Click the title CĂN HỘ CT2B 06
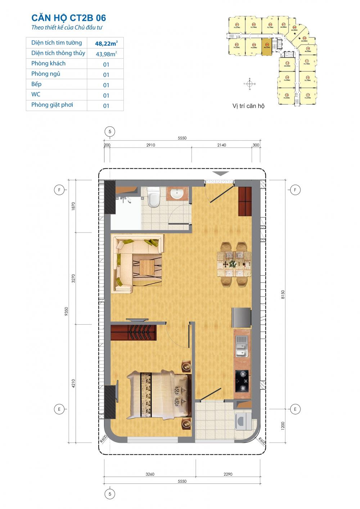pyautogui.click(x=69, y=18)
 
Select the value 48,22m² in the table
pyautogui.click(x=106, y=43)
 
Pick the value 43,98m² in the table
pyautogui.click(x=106, y=54)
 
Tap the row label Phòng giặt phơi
pyautogui.click(x=52, y=105)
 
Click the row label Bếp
pyautogui.click(x=36, y=84)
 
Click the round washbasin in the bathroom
pyautogui.click(x=177, y=194)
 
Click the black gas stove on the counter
pyautogui.click(x=242, y=380)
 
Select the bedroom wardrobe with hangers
pyautogui.click(x=134, y=332)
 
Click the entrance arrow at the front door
pyautogui.click(x=220, y=174)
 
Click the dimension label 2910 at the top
pyautogui.click(x=150, y=145)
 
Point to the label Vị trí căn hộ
pyautogui.click(x=248, y=106)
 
